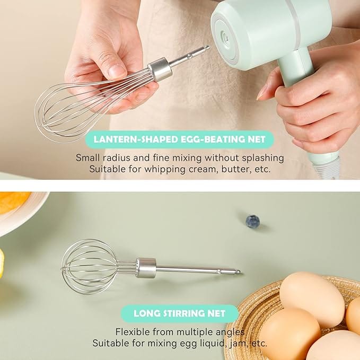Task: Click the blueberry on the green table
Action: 252,221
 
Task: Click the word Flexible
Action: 132,332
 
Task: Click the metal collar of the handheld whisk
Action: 160,69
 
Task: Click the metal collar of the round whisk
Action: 146,268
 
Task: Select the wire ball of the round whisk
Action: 90,267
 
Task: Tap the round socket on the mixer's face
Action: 225,37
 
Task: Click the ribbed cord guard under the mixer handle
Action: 327,168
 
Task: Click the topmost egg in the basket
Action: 312,298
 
